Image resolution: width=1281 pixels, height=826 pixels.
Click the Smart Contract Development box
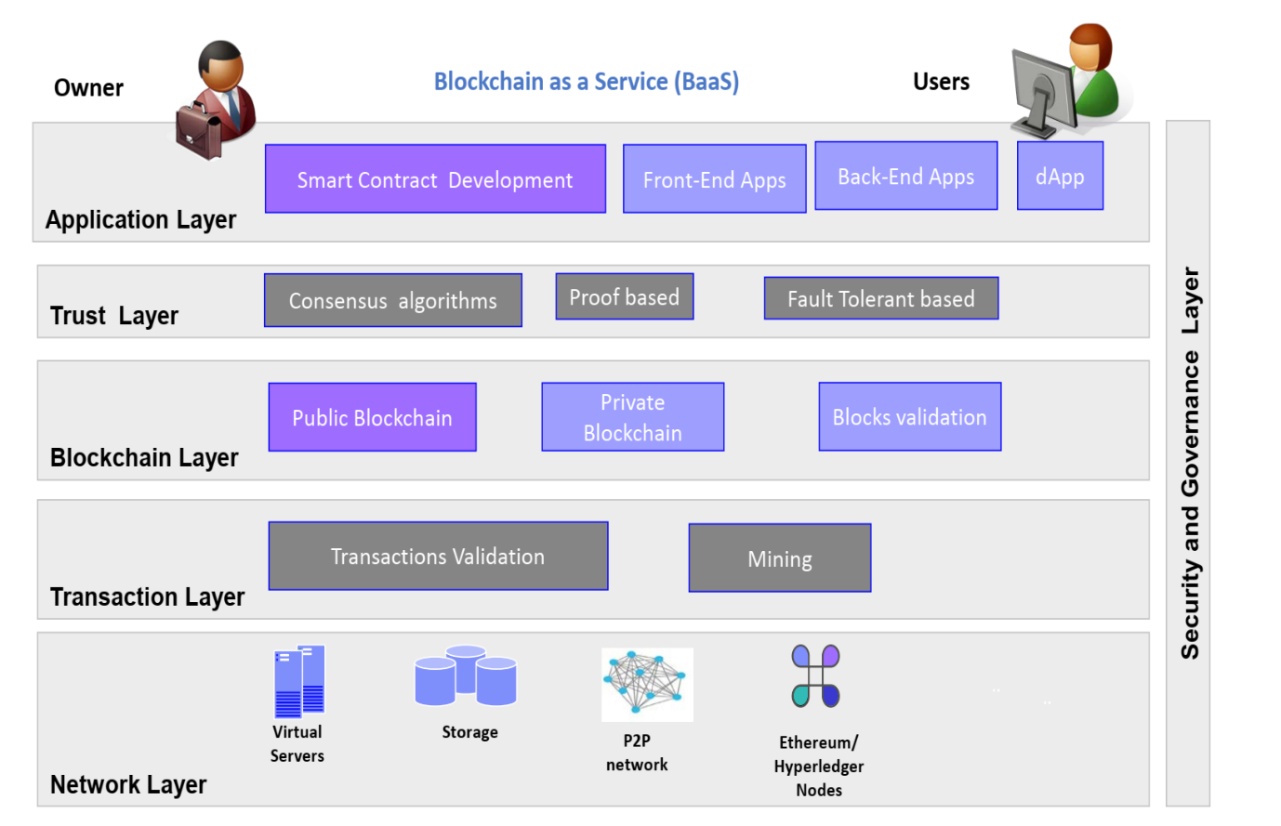pos(435,178)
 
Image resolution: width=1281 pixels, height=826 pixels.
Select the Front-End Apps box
pos(714,179)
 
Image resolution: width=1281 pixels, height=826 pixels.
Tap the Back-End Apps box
pos(906,176)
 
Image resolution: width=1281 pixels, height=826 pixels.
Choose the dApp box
pos(1060,176)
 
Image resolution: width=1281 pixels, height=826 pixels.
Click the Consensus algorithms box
pos(392,300)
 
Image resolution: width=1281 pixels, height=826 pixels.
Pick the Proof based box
pos(624,296)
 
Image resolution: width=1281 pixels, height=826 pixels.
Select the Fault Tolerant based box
pos(880,298)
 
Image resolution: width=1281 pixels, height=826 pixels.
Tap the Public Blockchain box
pos(372,417)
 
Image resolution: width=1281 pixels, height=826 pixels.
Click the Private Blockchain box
pos(632,417)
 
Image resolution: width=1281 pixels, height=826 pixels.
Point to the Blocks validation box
pos(909,417)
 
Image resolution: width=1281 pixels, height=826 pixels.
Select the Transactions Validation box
pos(438,556)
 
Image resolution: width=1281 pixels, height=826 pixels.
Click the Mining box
pos(779,557)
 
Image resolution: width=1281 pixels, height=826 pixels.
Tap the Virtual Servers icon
pos(299,681)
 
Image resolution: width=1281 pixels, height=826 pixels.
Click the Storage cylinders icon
pos(466,675)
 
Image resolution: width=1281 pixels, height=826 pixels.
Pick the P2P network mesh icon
pos(647,684)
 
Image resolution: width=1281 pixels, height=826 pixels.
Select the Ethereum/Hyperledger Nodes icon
pos(815,676)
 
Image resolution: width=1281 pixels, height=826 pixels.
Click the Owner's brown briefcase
pos(198,131)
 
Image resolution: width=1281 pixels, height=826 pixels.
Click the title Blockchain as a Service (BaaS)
pos(587,82)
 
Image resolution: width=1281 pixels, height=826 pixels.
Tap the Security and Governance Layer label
pos(1189,463)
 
